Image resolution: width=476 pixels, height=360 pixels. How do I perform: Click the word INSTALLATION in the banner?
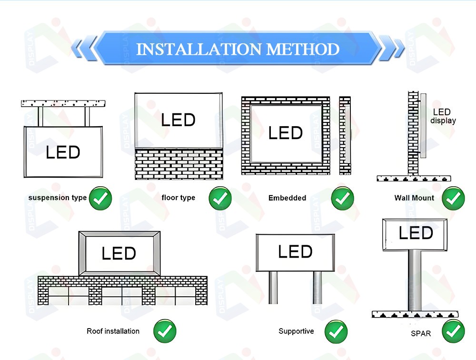pyautogui.click(x=199, y=49)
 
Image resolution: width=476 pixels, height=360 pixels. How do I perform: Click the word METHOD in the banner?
pyautogui.click(x=303, y=49)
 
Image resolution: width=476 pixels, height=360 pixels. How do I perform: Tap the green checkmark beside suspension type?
pyautogui.click(x=100, y=199)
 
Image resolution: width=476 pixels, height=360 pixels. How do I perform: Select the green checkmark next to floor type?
pyautogui.click(x=220, y=199)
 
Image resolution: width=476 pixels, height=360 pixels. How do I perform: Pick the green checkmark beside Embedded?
pyautogui.click(x=342, y=199)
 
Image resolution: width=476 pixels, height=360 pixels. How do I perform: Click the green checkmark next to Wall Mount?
pyautogui.click(x=453, y=199)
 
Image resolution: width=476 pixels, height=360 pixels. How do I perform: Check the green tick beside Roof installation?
pyautogui.click(x=165, y=331)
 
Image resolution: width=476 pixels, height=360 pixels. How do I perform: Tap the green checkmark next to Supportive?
pyautogui.click(x=336, y=331)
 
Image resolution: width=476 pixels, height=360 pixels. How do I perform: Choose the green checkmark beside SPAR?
pyautogui.click(x=453, y=331)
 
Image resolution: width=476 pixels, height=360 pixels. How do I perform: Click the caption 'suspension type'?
pyautogui.click(x=58, y=198)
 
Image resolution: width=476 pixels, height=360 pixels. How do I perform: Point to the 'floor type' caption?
pyautogui.click(x=178, y=198)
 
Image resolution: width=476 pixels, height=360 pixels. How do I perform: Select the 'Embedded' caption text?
pyautogui.click(x=287, y=198)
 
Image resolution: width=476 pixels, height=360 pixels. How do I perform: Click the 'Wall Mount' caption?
pyautogui.click(x=414, y=198)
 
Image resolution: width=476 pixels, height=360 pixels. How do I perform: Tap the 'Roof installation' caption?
pyautogui.click(x=113, y=331)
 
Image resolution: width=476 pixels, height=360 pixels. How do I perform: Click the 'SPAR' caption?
pyautogui.click(x=421, y=333)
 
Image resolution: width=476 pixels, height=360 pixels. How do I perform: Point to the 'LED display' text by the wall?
pyautogui.click(x=443, y=116)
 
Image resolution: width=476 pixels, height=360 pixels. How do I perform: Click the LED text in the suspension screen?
pyautogui.click(x=63, y=152)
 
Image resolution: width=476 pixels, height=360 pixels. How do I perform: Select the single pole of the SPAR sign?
pyautogui.click(x=415, y=280)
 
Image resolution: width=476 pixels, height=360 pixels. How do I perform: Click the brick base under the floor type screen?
pyautogui.click(x=179, y=164)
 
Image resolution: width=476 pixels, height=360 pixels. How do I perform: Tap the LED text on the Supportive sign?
pyautogui.click(x=295, y=251)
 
